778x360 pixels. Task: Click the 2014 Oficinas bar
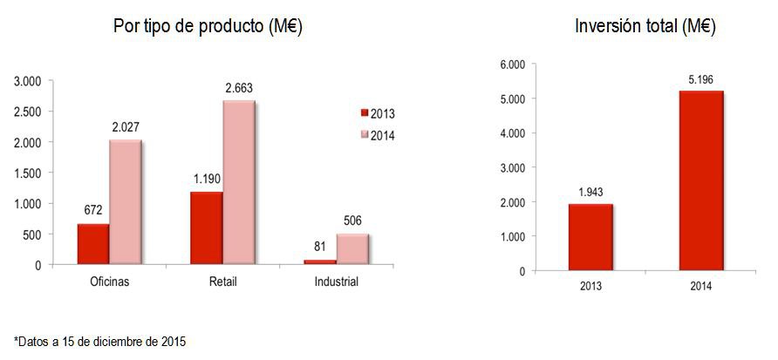(x=125, y=202)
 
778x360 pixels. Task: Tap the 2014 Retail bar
(x=238, y=182)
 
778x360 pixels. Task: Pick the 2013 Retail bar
(x=206, y=228)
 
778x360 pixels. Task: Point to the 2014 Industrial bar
(x=352, y=248)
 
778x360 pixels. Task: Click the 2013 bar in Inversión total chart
(x=590, y=237)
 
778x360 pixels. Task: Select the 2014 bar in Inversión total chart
(x=701, y=180)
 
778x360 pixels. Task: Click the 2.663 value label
(x=239, y=88)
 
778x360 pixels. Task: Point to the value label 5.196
(x=700, y=80)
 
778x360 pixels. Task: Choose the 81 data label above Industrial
(x=319, y=248)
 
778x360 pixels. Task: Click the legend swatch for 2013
(x=365, y=113)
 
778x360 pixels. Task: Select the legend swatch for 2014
(x=365, y=135)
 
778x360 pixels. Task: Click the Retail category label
(x=224, y=282)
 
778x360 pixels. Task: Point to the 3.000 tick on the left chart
(x=28, y=81)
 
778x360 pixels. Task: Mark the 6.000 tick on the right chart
(x=512, y=65)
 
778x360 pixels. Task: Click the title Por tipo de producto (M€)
(x=208, y=27)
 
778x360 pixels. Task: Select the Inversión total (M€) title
(x=645, y=27)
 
